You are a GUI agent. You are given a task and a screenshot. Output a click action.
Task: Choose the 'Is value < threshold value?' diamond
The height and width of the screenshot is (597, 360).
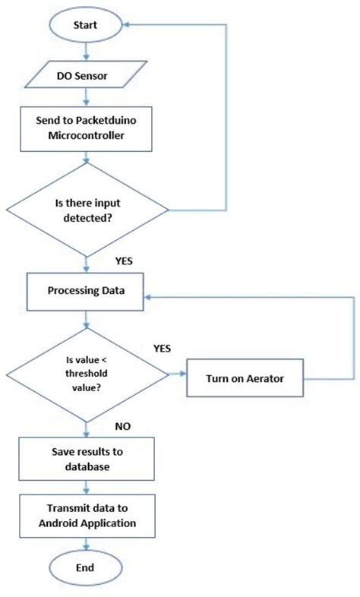click(x=87, y=374)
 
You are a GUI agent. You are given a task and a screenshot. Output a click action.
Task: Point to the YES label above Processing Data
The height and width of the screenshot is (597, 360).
click(x=125, y=261)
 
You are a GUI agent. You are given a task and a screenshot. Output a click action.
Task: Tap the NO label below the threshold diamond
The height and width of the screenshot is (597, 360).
click(x=123, y=427)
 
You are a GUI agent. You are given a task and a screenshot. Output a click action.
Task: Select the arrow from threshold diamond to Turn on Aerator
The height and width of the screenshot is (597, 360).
click(x=176, y=374)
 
